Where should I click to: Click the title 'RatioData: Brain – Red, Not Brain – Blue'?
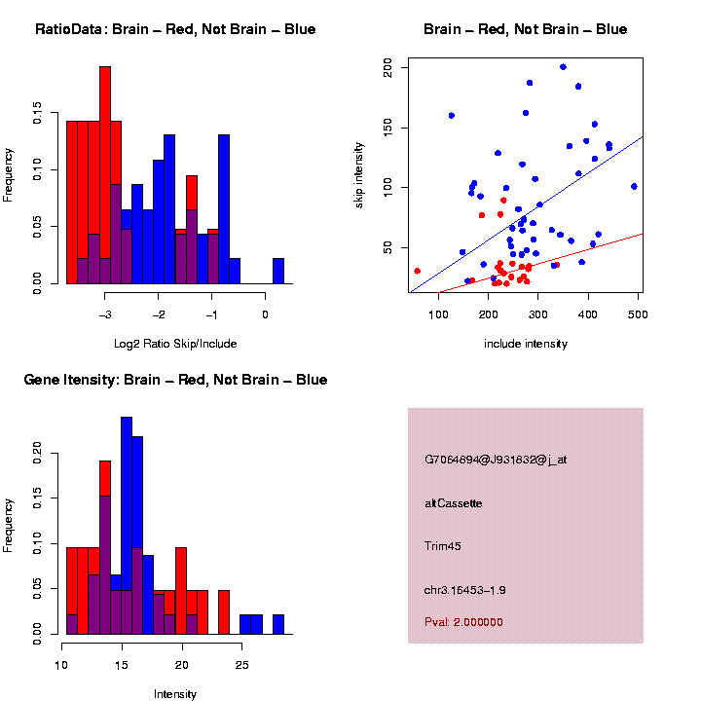pos(175,29)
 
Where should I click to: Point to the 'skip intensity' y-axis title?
pos(372,175)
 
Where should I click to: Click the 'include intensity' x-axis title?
pos(525,344)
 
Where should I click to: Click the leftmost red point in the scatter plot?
pos(417,271)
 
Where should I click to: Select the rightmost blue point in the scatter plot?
pos(634,186)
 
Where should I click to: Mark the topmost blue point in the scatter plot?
pos(563,67)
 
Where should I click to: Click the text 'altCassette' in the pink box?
pos(453,503)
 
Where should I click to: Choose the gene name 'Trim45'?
pos(443,546)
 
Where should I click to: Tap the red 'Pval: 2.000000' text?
pos(463,621)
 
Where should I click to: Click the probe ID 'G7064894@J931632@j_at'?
pos(496,460)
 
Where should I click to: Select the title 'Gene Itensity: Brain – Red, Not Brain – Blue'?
pos(175,380)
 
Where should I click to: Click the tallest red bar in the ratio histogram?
pos(105,175)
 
